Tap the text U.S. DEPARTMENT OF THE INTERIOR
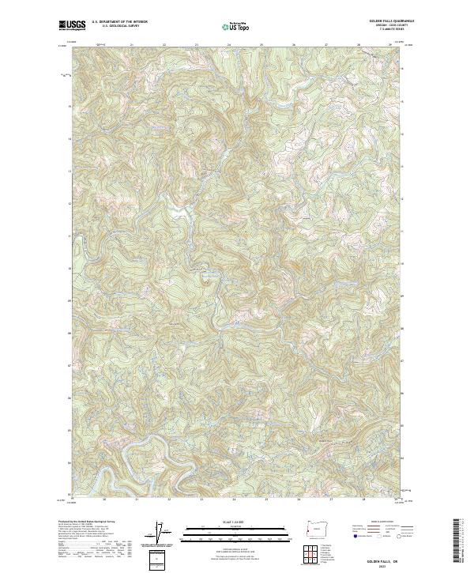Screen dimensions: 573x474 (x=119, y=22)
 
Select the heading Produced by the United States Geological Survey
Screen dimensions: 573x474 (x=85, y=522)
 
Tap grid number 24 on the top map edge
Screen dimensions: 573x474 (x=228, y=45)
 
